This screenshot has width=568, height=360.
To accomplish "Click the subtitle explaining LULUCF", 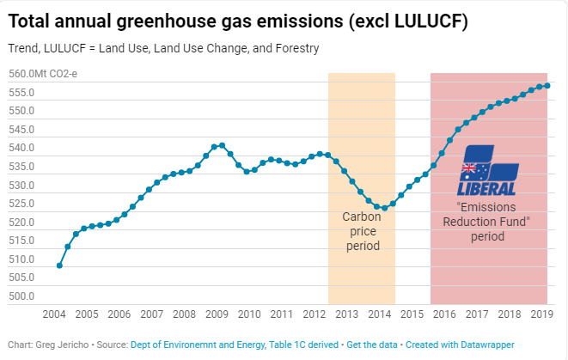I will pos(163,49).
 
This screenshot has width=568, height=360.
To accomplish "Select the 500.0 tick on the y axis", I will pos(21,296).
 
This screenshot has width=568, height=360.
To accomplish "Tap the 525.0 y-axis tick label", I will pos(21,204).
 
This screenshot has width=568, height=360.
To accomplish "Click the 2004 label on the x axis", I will pos(54,314).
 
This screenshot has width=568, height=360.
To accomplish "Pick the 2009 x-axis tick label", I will pos(217,314).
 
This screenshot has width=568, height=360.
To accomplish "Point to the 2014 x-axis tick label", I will pos(379,314).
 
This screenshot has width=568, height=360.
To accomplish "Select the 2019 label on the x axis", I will pos(541,314).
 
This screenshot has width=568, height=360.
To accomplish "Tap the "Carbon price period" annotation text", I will pos(362,231).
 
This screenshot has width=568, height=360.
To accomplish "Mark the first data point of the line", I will pos(59,265).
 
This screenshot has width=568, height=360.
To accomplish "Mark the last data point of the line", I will pos(548,85).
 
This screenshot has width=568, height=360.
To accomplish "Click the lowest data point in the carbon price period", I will pos(384,208).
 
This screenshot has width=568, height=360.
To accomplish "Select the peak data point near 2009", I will pos(223,145).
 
